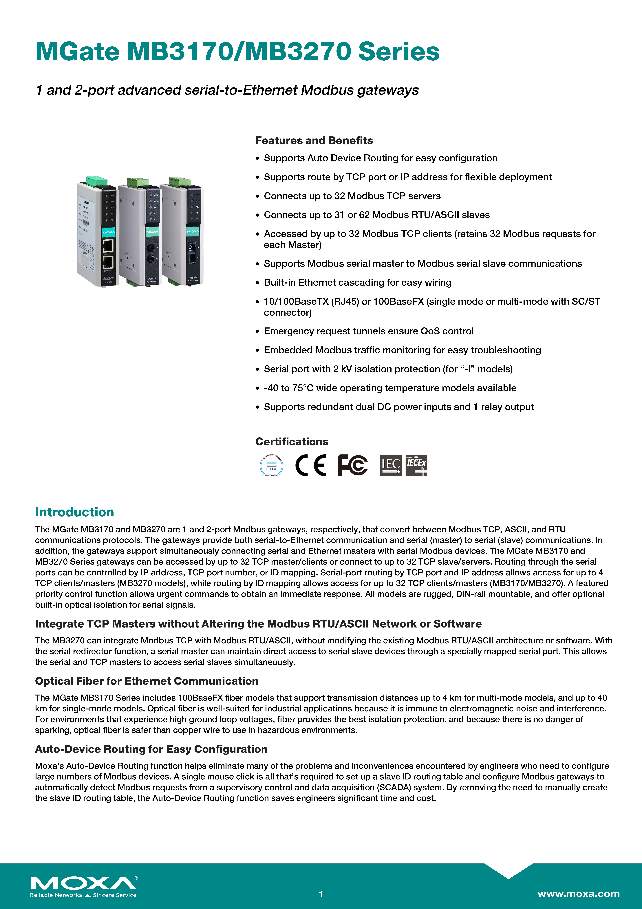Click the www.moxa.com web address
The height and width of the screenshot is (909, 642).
(578, 894)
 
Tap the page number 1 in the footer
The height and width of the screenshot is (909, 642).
(321, 894)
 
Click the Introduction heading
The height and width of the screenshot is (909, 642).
(74, 512)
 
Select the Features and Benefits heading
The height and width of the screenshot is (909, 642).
(314, 141)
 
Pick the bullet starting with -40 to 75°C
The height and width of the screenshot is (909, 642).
(390, 388)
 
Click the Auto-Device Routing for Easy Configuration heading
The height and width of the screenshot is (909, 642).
(151, 749)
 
